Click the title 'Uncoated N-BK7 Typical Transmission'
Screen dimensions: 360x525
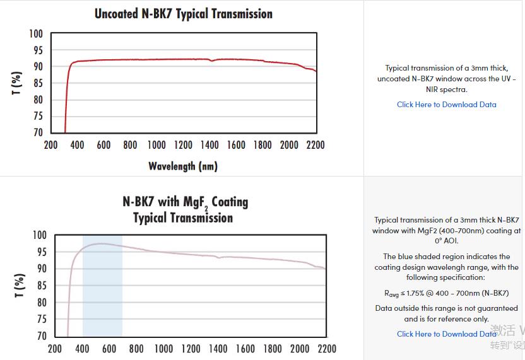point(184,13)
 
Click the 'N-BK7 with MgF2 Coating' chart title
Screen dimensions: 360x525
point(185,202)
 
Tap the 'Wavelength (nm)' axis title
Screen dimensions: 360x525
point(183,166)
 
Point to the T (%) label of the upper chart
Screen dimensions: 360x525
point(17,83)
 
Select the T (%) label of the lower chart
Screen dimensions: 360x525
point(20,286)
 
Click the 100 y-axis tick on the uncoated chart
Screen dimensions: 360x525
point(36,33)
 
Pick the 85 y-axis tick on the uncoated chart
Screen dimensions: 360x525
point(37,83)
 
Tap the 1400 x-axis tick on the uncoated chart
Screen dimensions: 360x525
point(209,145)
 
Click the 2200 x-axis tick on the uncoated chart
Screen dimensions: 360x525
point(315,145)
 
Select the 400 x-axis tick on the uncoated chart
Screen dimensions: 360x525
point(77,145)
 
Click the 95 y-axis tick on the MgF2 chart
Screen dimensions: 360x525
point(40,252)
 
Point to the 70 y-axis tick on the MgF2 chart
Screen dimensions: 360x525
point(40,336)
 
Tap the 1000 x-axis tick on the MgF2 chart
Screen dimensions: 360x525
point(163,349)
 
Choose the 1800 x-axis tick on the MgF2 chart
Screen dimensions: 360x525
point(273,349)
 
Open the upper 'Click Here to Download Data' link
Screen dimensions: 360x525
point(446,105)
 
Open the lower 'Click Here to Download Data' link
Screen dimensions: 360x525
point(446,334)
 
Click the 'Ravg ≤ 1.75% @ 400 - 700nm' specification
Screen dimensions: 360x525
point(446,293)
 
